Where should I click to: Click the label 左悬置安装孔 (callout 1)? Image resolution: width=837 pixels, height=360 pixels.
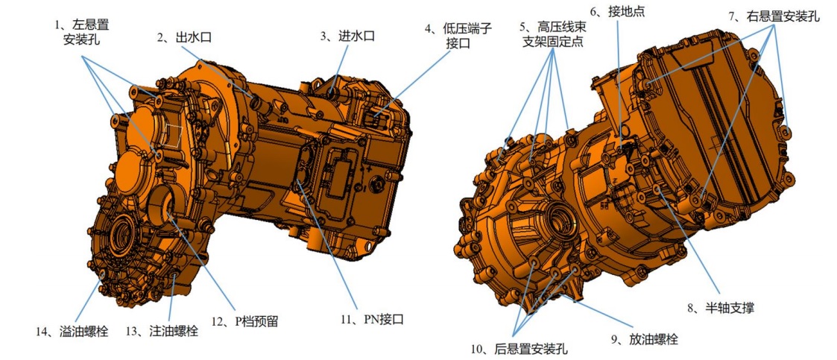87,32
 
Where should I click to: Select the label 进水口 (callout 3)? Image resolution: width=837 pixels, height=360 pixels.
347,36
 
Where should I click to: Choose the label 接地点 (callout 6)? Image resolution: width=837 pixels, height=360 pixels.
618,11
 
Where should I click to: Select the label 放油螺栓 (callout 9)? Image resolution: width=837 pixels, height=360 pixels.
644,338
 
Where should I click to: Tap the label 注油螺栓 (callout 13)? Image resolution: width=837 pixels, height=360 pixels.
162,331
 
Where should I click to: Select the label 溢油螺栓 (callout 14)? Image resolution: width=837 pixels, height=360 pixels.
72,331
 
